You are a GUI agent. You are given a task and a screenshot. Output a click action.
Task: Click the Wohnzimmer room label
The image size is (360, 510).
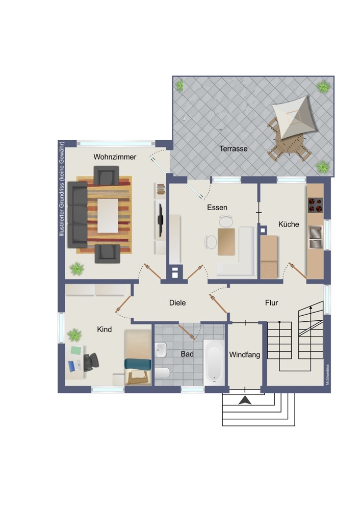pos(115,157)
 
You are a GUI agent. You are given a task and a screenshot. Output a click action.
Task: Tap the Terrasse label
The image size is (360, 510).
pos(233,148)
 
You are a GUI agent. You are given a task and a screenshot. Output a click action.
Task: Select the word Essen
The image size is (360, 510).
pos(217,208)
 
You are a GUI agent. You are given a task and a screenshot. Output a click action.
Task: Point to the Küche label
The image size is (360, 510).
pos(289,224)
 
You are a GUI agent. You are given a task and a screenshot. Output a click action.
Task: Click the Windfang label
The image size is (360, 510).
pos(245,354)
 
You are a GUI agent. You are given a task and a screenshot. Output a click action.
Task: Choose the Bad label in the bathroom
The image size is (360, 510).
pos(187,354)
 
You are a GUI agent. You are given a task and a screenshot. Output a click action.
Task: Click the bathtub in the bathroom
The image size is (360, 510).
pos(214,362)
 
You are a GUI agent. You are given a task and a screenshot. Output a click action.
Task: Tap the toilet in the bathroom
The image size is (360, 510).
pos(162,373)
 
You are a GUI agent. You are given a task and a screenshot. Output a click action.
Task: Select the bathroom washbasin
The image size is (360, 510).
pos(161,350)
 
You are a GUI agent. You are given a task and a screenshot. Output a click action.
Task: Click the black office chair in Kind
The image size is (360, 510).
pos(91,362)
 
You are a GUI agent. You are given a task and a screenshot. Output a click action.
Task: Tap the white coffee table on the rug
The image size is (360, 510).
pos(108,216)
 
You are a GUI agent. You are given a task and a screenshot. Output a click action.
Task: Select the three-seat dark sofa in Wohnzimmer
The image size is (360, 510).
pos(78,215)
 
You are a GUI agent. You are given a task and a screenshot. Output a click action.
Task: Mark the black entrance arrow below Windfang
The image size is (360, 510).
pos(245,400)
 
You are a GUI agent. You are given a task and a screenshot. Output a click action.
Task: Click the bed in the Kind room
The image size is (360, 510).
pos(138,358)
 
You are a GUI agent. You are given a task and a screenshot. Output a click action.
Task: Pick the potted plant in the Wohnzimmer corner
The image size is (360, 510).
pos(77,269)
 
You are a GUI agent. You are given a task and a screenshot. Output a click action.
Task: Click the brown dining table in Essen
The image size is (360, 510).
pos(226,242)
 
